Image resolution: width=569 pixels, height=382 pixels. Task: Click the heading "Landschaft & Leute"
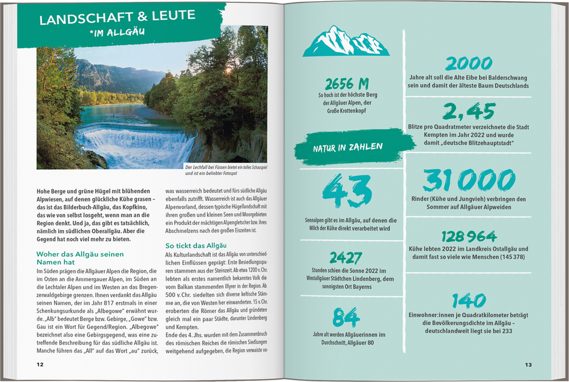click(x=117, y=17)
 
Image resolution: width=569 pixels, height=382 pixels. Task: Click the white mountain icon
click(x=346, y=42)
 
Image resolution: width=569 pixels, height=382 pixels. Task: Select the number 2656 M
click(x=347, y=84)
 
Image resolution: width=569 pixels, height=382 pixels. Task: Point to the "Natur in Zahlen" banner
click(x=348, y=147)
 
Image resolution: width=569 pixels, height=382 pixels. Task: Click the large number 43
click(x=347, y=191)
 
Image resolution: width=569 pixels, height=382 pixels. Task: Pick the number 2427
click(x=346, y=257)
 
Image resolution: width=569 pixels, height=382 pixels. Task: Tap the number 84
click(x=346, y=317)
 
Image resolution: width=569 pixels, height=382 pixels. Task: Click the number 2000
click(x=469, y=63)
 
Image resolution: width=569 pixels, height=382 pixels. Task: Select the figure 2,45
click(x=469, y=112)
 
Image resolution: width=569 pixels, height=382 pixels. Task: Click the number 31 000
click(x=469, y=181)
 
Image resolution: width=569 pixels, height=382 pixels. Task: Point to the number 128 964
click(x=469, y=236)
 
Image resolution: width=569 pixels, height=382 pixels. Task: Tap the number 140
click(x=469, y=300)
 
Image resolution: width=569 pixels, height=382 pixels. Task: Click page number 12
click(x=40, y=364)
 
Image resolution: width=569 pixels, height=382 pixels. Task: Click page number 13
click(x=528, y=364)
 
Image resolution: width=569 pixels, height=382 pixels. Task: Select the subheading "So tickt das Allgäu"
click(x=195, y=245)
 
